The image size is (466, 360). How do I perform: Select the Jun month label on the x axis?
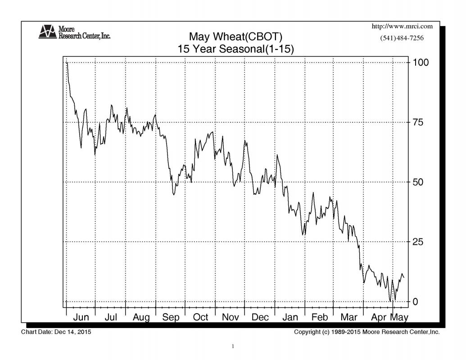81,317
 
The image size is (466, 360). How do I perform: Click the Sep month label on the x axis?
171,317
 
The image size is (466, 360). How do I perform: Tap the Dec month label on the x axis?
260,317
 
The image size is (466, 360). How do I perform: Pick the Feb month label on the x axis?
319,317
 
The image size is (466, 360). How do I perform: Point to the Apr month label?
379,317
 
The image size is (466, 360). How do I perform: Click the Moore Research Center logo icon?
47,31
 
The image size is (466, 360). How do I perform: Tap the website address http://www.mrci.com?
403,27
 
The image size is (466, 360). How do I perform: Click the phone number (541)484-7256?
402,38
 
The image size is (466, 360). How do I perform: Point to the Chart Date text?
58,332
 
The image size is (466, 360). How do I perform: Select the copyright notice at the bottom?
366,332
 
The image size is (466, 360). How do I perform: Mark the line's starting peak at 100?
67,63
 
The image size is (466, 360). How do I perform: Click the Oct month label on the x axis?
200,317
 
